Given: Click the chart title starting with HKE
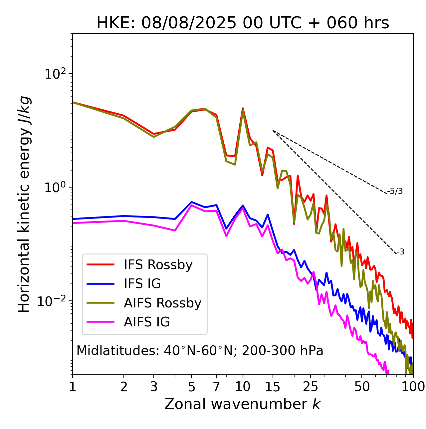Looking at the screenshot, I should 243,23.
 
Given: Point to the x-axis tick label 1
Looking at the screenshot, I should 73,387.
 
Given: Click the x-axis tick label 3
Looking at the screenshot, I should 154,387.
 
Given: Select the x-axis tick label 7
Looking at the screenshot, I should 216,387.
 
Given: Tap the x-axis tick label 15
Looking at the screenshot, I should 273,387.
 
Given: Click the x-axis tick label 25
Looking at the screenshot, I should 311,387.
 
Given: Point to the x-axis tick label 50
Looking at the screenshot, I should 362,387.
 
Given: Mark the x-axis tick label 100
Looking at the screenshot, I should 413,387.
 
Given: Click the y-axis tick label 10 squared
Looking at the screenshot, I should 55,74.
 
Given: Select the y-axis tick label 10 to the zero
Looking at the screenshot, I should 55,187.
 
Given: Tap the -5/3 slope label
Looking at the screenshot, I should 395,191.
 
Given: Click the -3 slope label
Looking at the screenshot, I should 400,252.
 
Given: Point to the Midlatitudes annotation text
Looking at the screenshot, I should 200,351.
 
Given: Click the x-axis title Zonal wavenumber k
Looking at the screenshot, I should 243,404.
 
